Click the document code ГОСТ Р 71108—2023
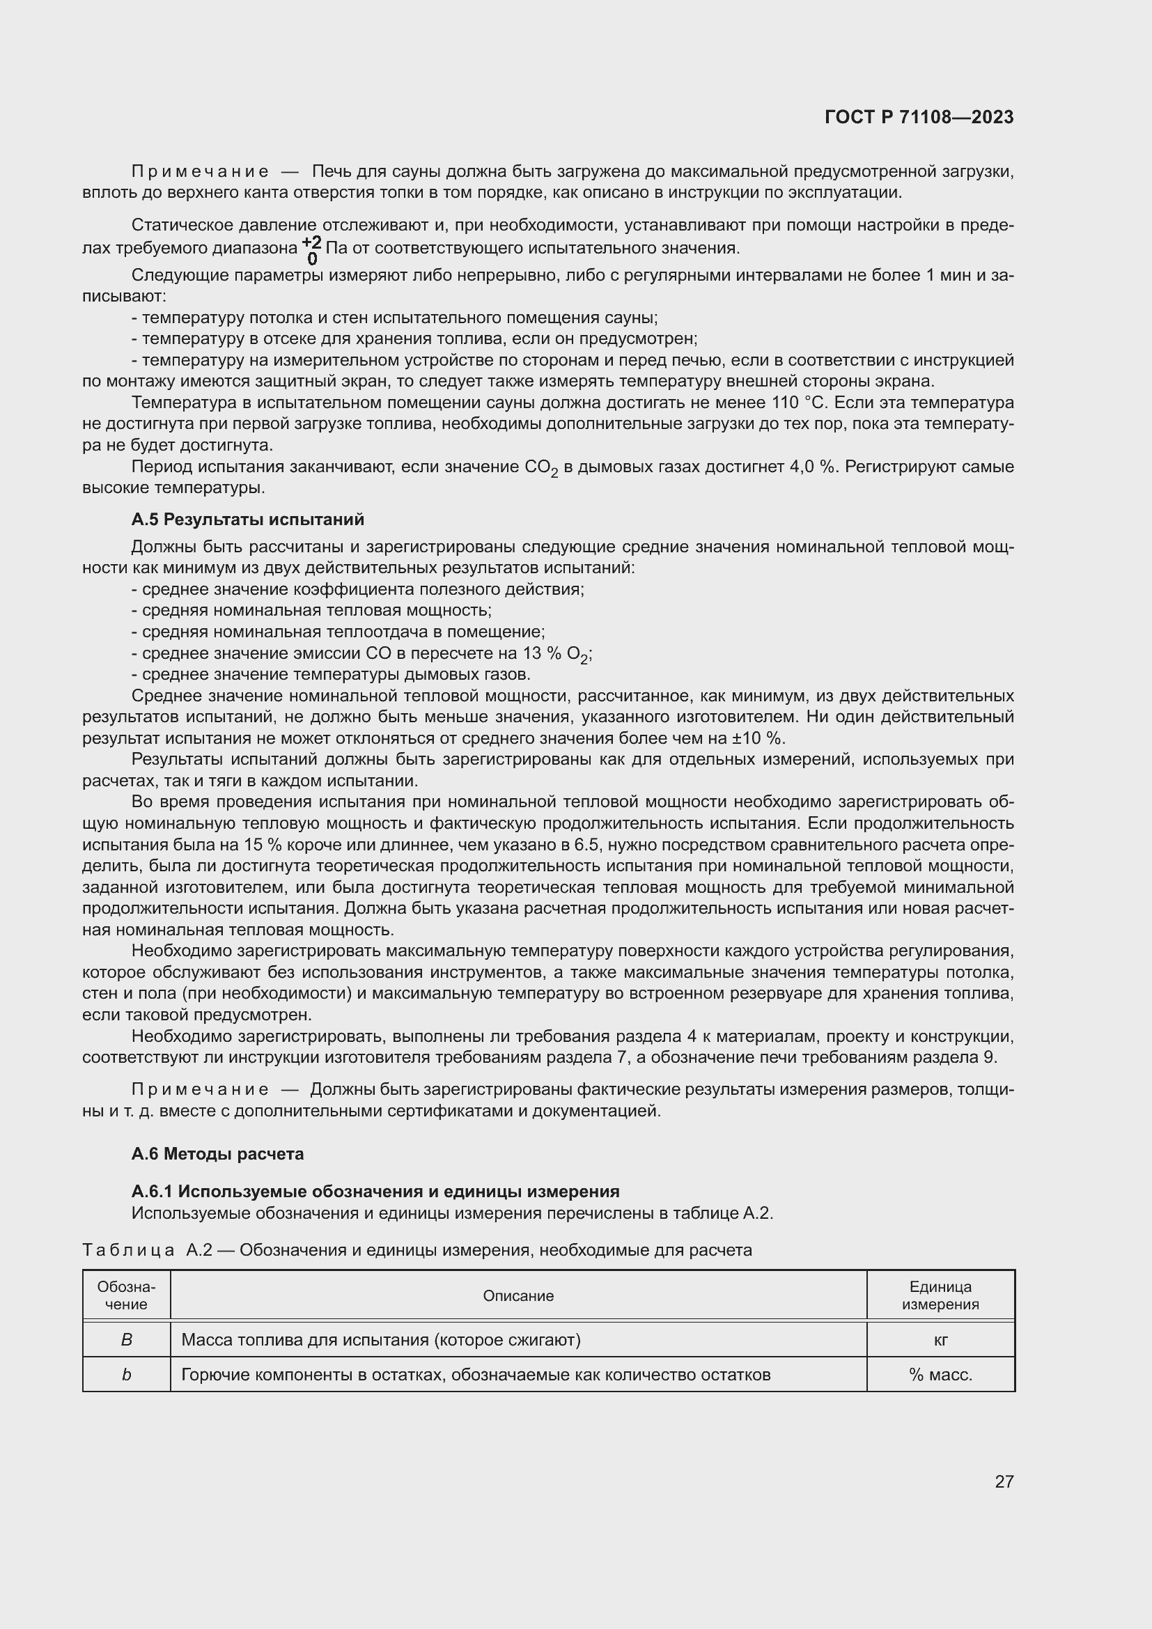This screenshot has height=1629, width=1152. [x=919, y=117]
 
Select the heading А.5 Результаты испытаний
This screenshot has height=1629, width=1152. [x=247, y=520]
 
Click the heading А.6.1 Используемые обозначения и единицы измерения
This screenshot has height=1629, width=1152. [x=375, y=1191]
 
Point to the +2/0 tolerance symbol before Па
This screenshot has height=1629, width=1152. [x=311, y=249]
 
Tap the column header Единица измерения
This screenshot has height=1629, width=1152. [x=940, y=1295]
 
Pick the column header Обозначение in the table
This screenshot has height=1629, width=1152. [x=126, y=1295]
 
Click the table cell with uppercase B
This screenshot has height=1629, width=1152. [x=126, y=1339]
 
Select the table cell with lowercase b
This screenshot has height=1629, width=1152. [x=126, y=1374]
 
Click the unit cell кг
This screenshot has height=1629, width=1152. [x=940, y=1339]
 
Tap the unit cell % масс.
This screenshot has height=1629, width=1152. [x=940, y=1374]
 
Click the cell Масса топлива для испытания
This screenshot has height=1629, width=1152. [x=381, y=1339]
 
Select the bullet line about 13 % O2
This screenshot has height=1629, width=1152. [x=361, y=653]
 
